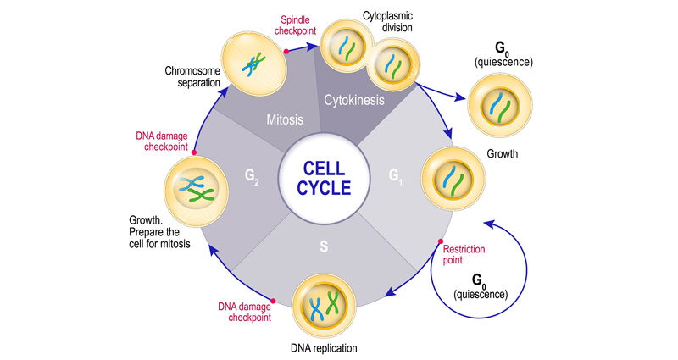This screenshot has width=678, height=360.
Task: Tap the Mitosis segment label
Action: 284,119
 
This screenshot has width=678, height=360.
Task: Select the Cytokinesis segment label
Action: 355,100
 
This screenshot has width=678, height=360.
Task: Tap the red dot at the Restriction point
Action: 441,242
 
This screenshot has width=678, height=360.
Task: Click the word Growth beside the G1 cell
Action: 502,154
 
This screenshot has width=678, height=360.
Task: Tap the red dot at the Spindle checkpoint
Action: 286,52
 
